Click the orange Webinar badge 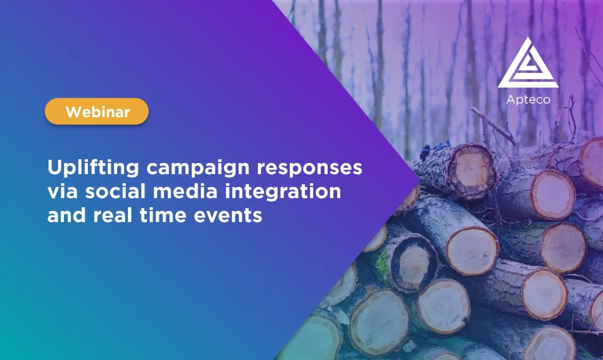96,112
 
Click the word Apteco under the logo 528,100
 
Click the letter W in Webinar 71,112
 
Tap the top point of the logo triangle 527,37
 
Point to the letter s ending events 258,216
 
